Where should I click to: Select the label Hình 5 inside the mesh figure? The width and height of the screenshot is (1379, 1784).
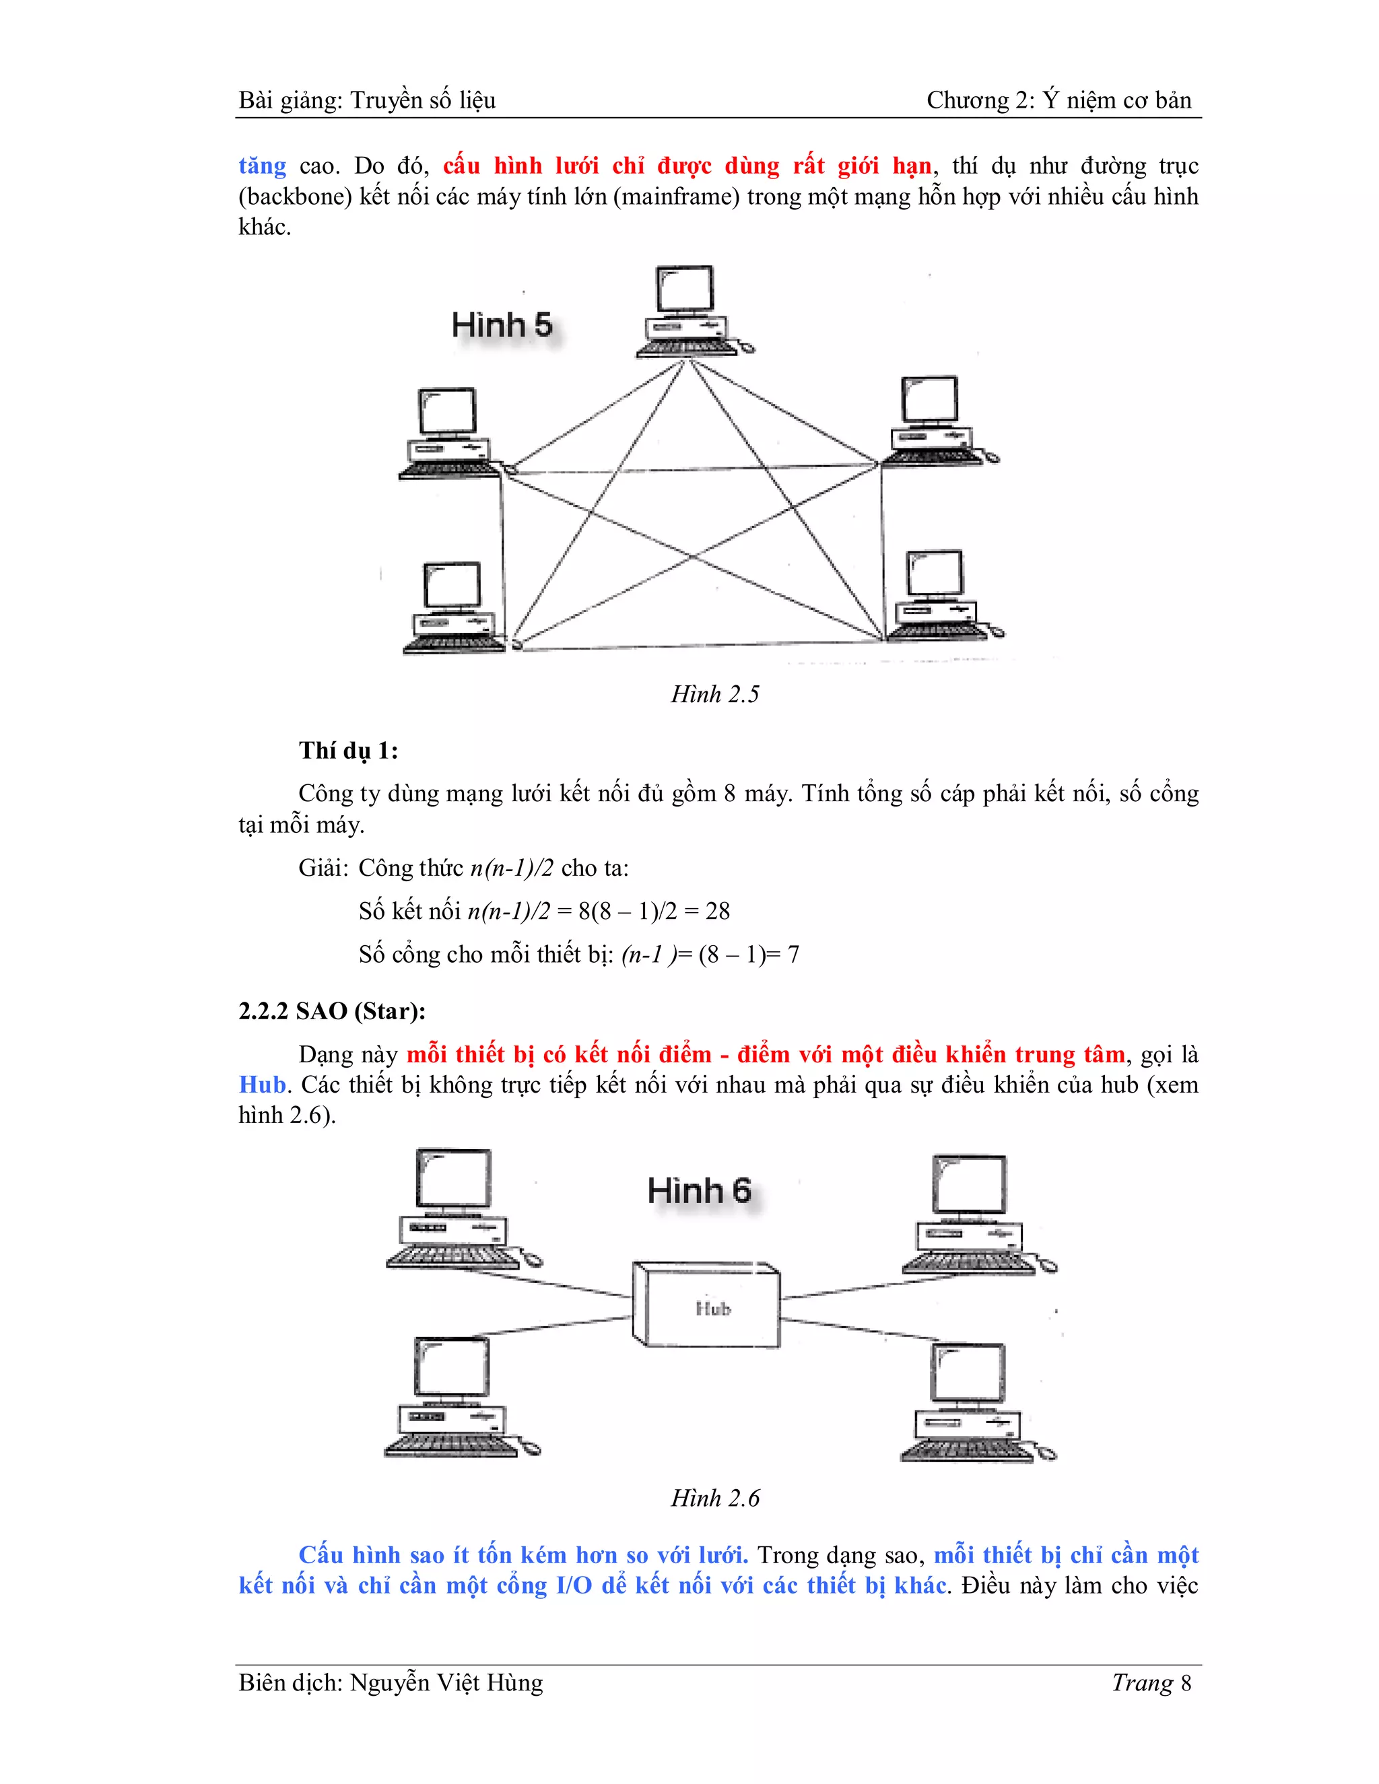pyautogui.click(x=502, y=325)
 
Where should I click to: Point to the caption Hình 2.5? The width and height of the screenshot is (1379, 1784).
pyautogui.click(x=715, y=694)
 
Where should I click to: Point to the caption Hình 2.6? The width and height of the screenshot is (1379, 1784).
pyautogui.click(x=715, y=1498)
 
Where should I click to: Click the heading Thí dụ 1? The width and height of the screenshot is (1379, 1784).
pyautogui.click(x=349, y=751)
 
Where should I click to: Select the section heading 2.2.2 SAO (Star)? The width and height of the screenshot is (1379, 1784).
pyautogui.click(x=332, y=1011)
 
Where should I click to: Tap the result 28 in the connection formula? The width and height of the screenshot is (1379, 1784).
pyautogui.click(x=717, y=911)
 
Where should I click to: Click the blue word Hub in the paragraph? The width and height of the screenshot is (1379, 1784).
pyautogui.click(x=262, y=1085)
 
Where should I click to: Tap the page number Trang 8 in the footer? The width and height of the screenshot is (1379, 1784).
pyautogui.click(x=1151, y=1683)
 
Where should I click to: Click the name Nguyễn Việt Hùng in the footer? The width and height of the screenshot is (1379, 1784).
pyautogui.click(x=446, y=1683)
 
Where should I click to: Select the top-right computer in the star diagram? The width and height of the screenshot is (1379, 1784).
pyautogui.click(x=972, y=1214)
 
